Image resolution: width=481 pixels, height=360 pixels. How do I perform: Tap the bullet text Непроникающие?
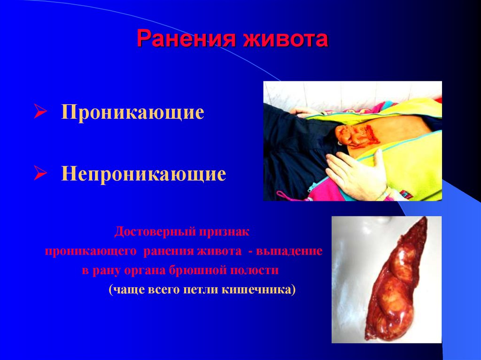click(143, 175)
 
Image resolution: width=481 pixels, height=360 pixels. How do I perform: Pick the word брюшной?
click(203, 270)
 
